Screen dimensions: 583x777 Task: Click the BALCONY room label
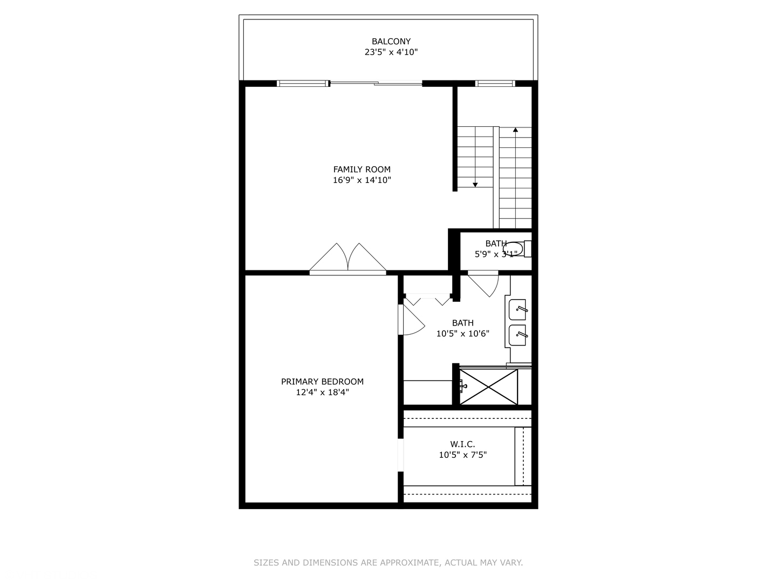click(391, 41)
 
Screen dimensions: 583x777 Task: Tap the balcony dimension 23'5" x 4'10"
click(391, 52)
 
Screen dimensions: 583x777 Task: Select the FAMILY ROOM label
click(362, 169)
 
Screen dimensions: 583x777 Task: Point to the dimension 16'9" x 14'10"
click(362, 180)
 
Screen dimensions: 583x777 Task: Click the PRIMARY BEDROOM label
click(322, 382)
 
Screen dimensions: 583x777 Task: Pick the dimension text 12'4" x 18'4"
click(322, 392)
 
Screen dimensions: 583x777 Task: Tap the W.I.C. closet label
click(462, 444)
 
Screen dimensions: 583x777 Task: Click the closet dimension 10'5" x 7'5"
click(462, 455)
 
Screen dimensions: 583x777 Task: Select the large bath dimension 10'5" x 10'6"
click(462, 334)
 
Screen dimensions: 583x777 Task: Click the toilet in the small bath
click(516, 249)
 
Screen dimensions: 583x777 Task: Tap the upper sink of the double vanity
click(518, 309)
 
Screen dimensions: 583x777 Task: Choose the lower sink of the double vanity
click(518, 335)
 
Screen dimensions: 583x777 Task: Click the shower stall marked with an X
click(488, 387)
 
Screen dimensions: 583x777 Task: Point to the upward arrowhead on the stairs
click(515, 130)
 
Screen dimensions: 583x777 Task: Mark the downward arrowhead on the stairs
click(475, 185)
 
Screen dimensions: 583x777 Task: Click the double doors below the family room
click(348, 259)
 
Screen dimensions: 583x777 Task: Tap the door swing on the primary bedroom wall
click(411, 321)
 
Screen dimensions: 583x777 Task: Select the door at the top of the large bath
click(484, 284)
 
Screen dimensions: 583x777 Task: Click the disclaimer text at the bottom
click(388, 562)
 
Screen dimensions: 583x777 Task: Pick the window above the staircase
click(495, 83)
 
